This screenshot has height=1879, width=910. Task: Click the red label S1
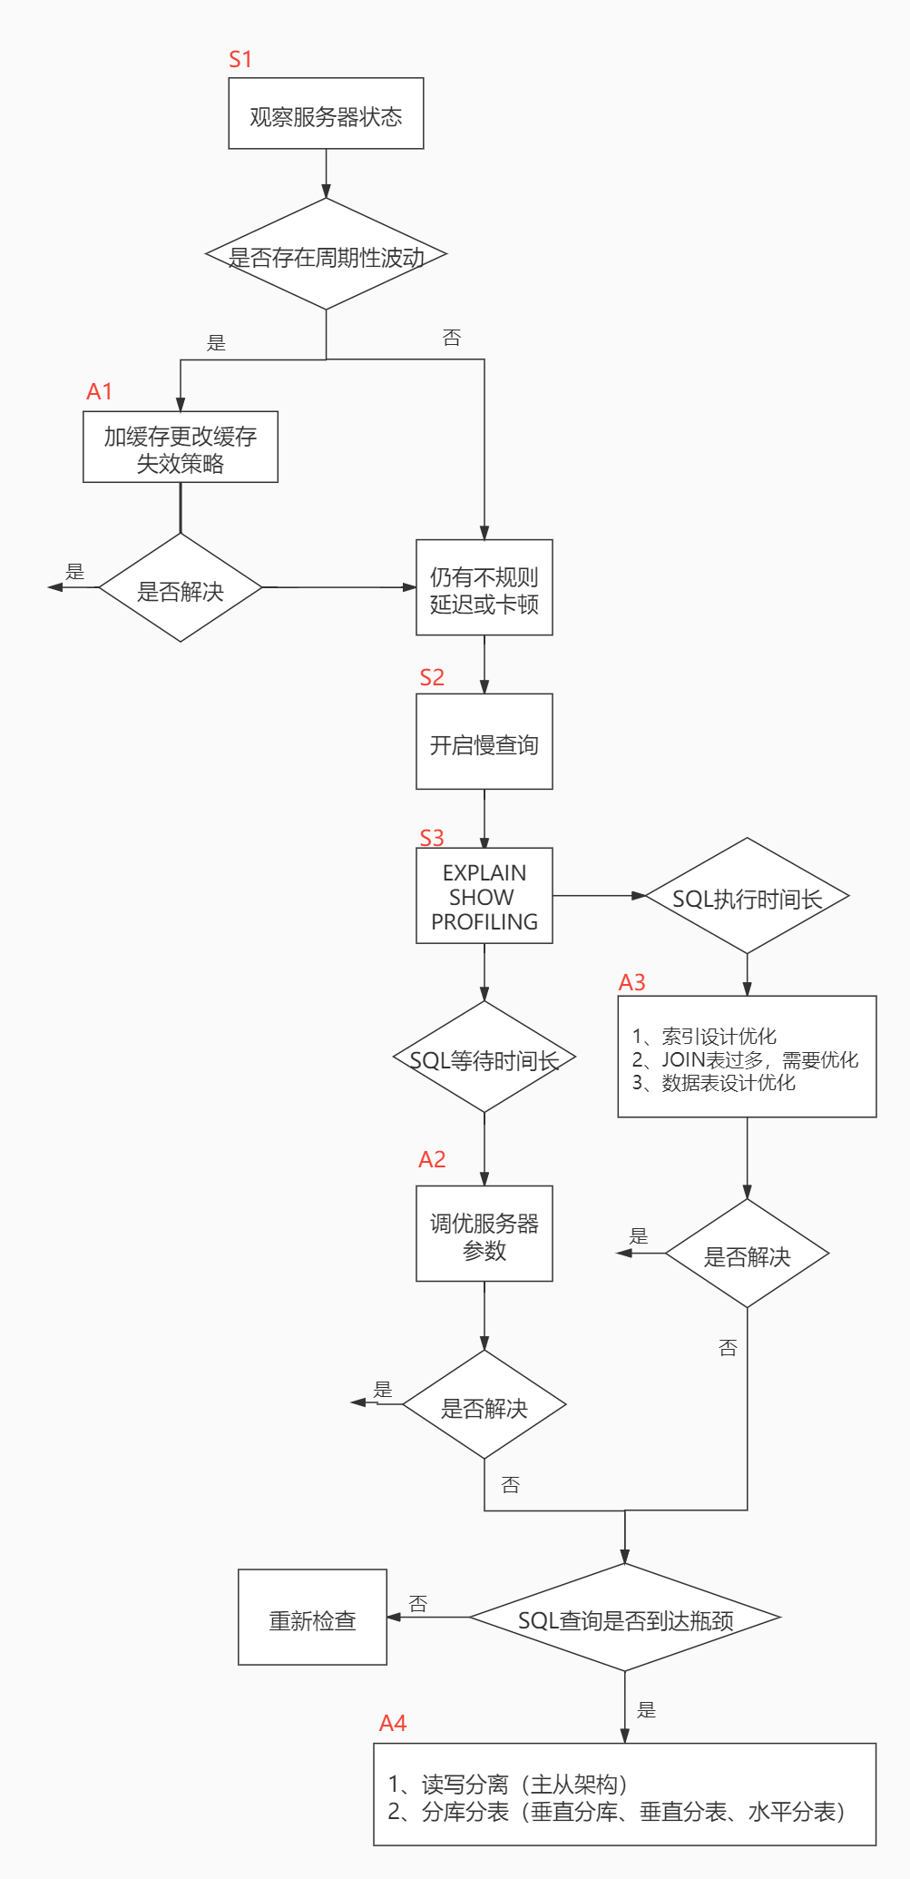point(240,60)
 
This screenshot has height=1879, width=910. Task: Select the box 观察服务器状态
point(326,114)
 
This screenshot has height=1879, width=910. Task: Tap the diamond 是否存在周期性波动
point(326,256)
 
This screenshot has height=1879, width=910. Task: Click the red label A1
point(99,391)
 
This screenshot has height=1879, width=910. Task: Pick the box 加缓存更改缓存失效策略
point(181,448)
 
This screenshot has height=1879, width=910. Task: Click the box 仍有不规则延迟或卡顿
point(484,589)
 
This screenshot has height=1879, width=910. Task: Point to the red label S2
point(432,677)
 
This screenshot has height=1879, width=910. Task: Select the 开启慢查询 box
point(484,743)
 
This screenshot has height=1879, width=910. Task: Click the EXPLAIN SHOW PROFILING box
point(484,896)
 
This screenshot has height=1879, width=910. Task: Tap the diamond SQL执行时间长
point(747,897)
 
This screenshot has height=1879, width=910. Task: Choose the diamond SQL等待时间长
point(484,1058)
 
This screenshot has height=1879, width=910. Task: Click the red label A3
point(631,982)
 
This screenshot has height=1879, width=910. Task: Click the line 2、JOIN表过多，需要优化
point(745,1059)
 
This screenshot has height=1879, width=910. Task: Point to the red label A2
point(432,1159)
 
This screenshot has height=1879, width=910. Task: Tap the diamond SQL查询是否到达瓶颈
point(625,1618)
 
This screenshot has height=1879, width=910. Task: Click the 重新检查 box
point(312,1618)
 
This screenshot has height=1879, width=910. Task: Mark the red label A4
point(393,1723)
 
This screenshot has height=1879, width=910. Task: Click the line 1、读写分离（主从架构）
point(508,1784)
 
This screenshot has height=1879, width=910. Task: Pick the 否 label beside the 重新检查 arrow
point(418,1603)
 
